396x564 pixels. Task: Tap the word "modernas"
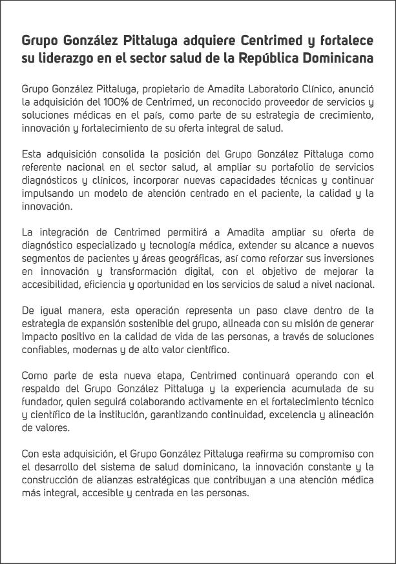point(87,350)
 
